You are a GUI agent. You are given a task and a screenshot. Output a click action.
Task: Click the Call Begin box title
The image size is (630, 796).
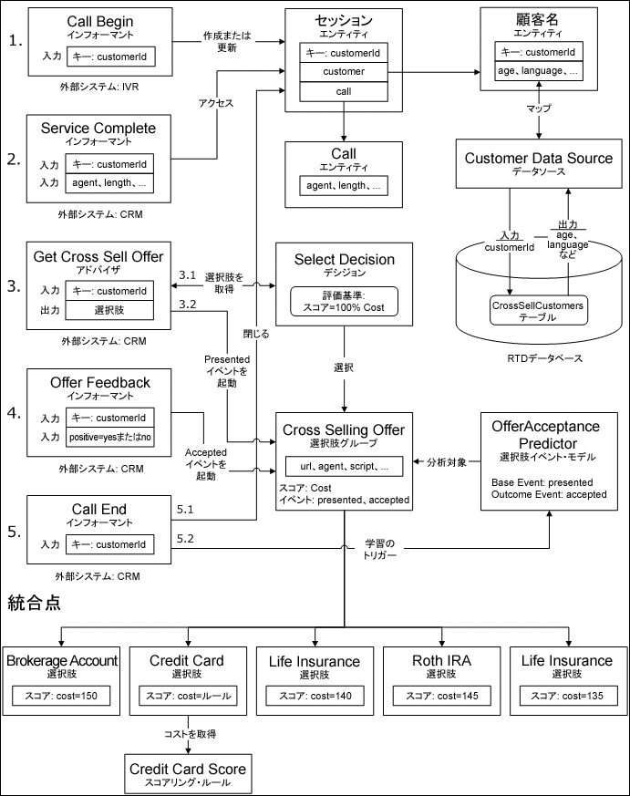[99, 20]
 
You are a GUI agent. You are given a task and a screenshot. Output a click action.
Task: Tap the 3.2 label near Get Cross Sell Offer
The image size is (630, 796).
[188, 304]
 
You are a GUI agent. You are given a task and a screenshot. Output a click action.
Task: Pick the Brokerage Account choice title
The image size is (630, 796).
[62, 660]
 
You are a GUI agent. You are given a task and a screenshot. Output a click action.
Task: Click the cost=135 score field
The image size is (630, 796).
[566, 696]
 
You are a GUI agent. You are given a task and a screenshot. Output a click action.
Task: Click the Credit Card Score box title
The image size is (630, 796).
[188, 768]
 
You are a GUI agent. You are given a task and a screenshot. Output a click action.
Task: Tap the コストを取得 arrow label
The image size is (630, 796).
[189, 732]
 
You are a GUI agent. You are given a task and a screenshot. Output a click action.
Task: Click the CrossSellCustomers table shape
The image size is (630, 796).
[538, 308]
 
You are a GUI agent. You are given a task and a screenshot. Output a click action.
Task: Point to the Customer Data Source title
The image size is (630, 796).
[538, 158]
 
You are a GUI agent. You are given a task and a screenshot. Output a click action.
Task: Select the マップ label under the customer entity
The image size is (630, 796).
[538, 108]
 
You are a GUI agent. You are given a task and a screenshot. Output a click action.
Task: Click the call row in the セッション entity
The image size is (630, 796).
[345, 92]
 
